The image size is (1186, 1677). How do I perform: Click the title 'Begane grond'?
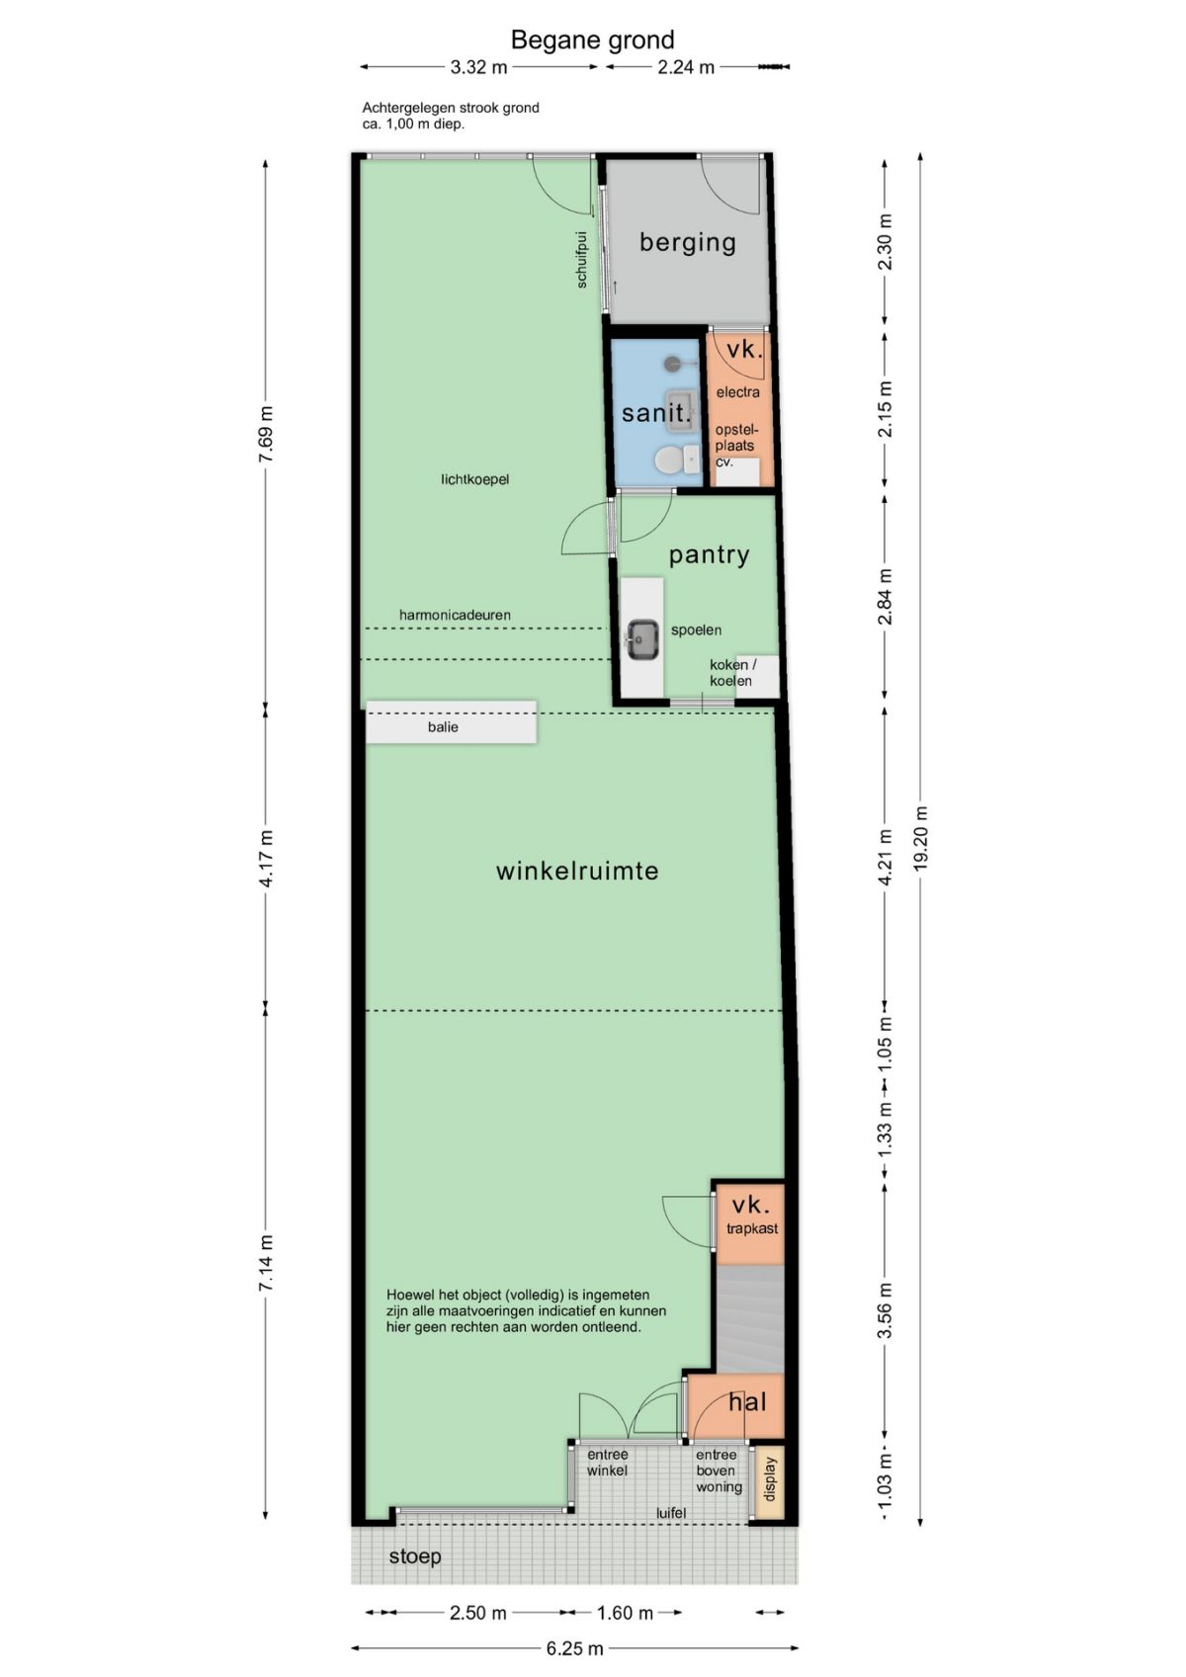pyautogui.click(x=592, y=40)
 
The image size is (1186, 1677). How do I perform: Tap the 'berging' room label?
pyautogui.click(x=687, y=242)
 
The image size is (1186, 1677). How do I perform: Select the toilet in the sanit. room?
pyautogui.click(x=677, y=460)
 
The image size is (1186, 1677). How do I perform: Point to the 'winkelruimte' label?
pyautogui.click(x=577, y=871)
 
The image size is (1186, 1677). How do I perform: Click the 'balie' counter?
pyautogui.click(x=451, y=722)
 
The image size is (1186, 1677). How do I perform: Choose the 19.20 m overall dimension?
pyautogui.click(x=920, y=838)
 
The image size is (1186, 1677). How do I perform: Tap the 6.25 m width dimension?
pyautogui.click(x=574, y=1648)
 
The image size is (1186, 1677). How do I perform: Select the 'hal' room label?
pyautogui.click(x=747, y=1401)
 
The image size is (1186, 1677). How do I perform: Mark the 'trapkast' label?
pyautogui.click(x=752, y=1227)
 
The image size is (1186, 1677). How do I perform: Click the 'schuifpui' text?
pyautogui.click(x=582, y=259)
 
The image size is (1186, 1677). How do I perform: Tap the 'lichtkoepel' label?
pyautogui.click(x=474, y=479)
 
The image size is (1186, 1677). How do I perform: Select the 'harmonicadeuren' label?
pyautogui.click(x=455, y=615)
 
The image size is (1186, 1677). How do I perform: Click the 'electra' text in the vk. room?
pyautogui.click(x=737, y=391)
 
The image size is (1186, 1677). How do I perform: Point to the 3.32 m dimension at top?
pyautogui.click(x=478, y=67)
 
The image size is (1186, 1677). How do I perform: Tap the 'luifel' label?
pyautogui.click(x=671, y=1513)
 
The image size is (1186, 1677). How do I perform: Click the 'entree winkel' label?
pyautogui.click(x=607, y=1463)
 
